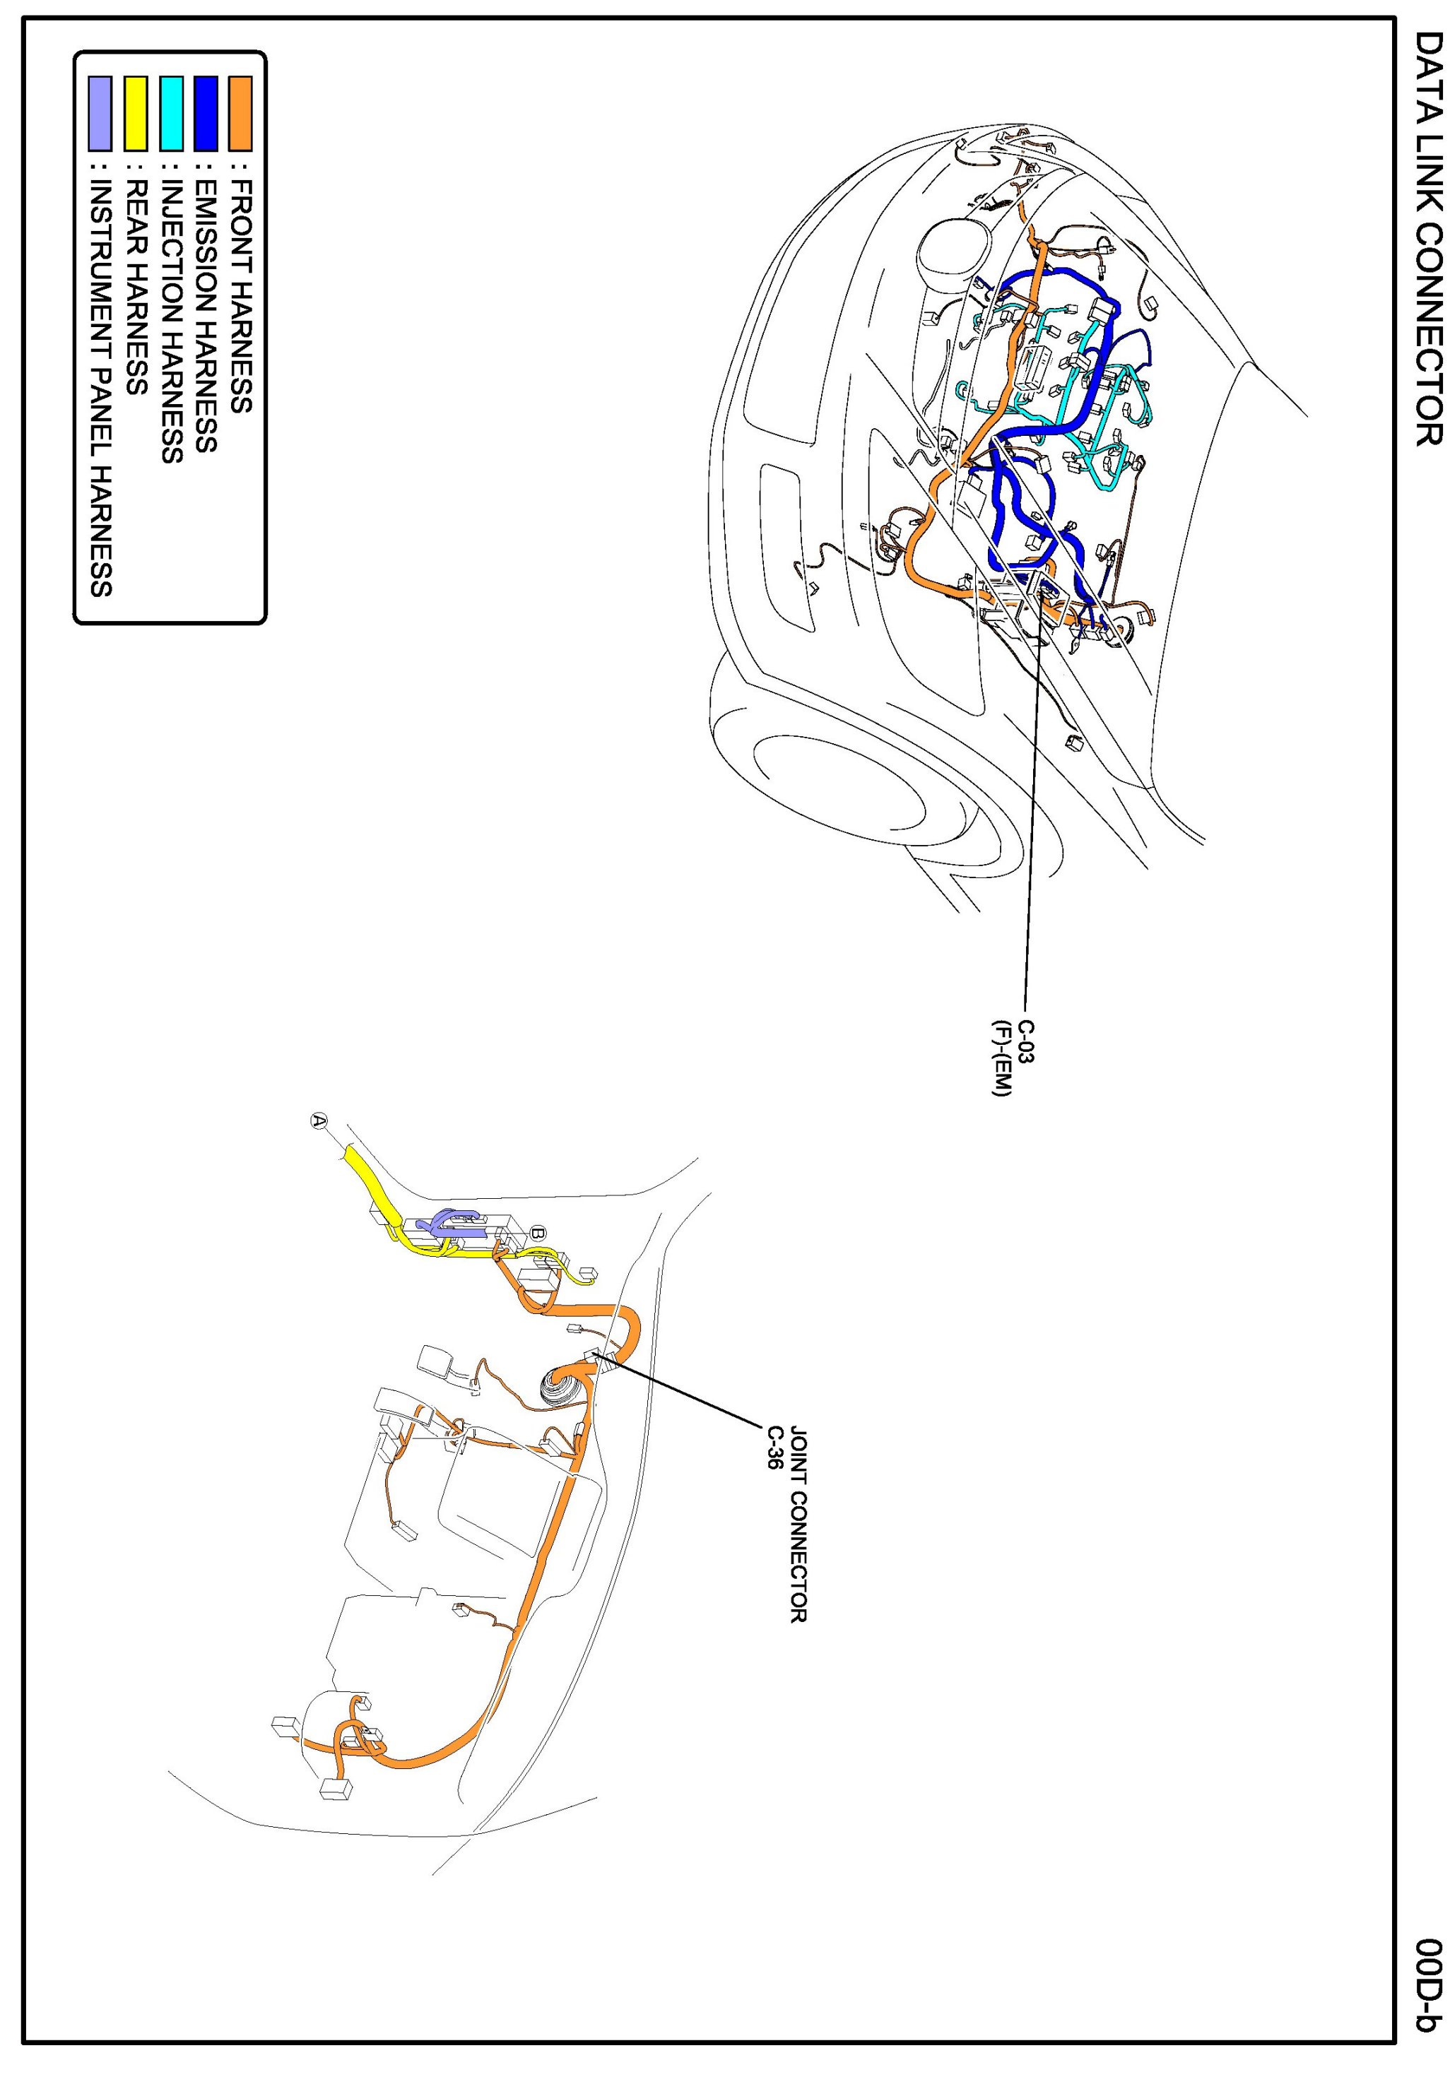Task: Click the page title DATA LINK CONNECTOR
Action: coord(1427,239)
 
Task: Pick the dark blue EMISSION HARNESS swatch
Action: coord(206,113)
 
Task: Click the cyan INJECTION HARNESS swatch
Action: coord(171,113)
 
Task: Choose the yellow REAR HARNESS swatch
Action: coord(136,113)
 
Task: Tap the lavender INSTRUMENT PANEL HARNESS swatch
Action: coord(100,113)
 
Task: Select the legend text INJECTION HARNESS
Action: coord(172,321)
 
